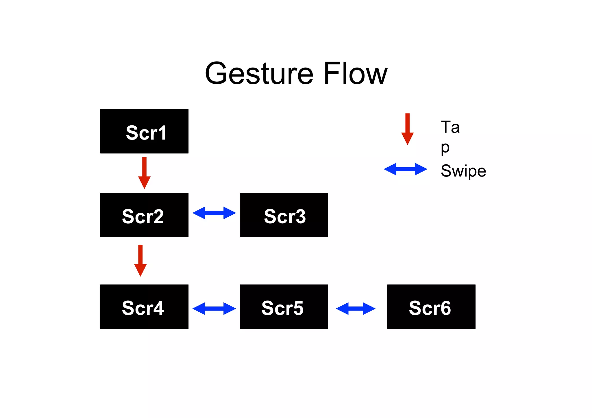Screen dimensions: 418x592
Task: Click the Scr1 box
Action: click(x=144, y=131)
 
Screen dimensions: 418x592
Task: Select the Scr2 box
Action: click(x=144, y=215)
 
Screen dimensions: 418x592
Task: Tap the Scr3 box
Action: click(x=284, y=215)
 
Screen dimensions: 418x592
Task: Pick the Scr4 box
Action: click(x=144, y=306)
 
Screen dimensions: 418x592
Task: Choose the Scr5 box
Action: click(x=284, y=306)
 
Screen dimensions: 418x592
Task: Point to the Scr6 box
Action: click(x=431, y=306)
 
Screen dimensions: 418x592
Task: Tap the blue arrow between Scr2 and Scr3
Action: click(x=214, y=213)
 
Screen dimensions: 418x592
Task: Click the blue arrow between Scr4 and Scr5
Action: click(x=214, y=309)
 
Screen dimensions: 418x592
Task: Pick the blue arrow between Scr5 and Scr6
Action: click(x=356, y=309)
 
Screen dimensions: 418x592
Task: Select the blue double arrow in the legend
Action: click(x=405, y=169)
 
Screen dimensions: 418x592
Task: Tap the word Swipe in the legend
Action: click(x=463, y=171)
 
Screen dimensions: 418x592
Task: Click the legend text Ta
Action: click(x=450, y=127)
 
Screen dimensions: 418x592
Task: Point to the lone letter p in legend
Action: click(x=445, y=148)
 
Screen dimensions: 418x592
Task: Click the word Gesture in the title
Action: click(x=259, y=74)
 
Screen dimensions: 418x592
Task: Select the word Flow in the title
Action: click(x=355, y=74)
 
